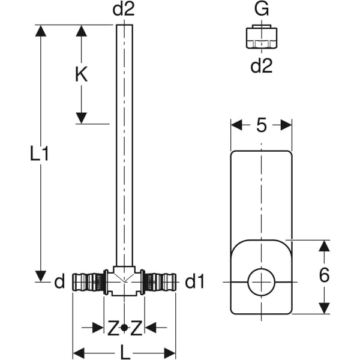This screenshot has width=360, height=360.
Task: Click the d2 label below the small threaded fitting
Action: coord(261,65)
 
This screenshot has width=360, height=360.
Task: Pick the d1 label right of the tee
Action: coord(196,281)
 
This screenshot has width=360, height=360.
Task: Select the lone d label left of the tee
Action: coord(59,281)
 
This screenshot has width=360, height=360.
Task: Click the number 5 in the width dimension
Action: coord(261,125)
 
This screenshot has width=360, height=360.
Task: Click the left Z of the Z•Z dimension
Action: coord(112,328)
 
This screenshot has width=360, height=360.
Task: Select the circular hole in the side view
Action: coord(261,280)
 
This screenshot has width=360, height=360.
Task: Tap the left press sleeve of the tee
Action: coord(88,281)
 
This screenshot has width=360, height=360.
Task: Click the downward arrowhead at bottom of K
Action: coord(82,118)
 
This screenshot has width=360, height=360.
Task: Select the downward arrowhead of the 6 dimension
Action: coord(324,307)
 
